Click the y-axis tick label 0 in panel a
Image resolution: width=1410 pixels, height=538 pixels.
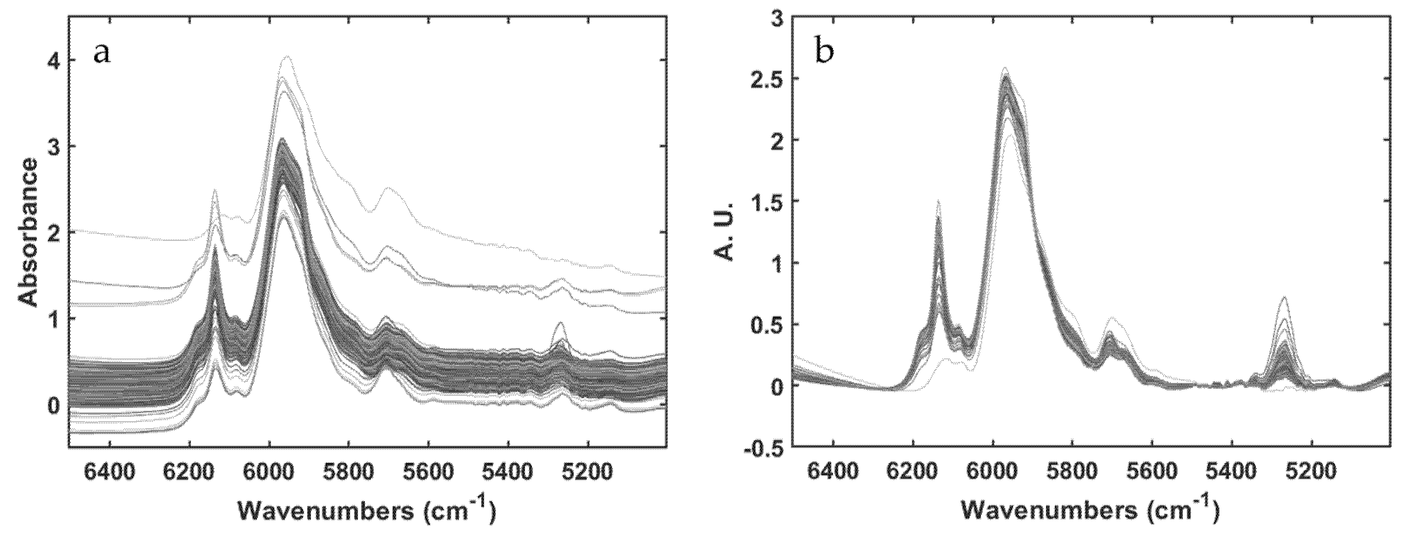[x=54, y=407]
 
